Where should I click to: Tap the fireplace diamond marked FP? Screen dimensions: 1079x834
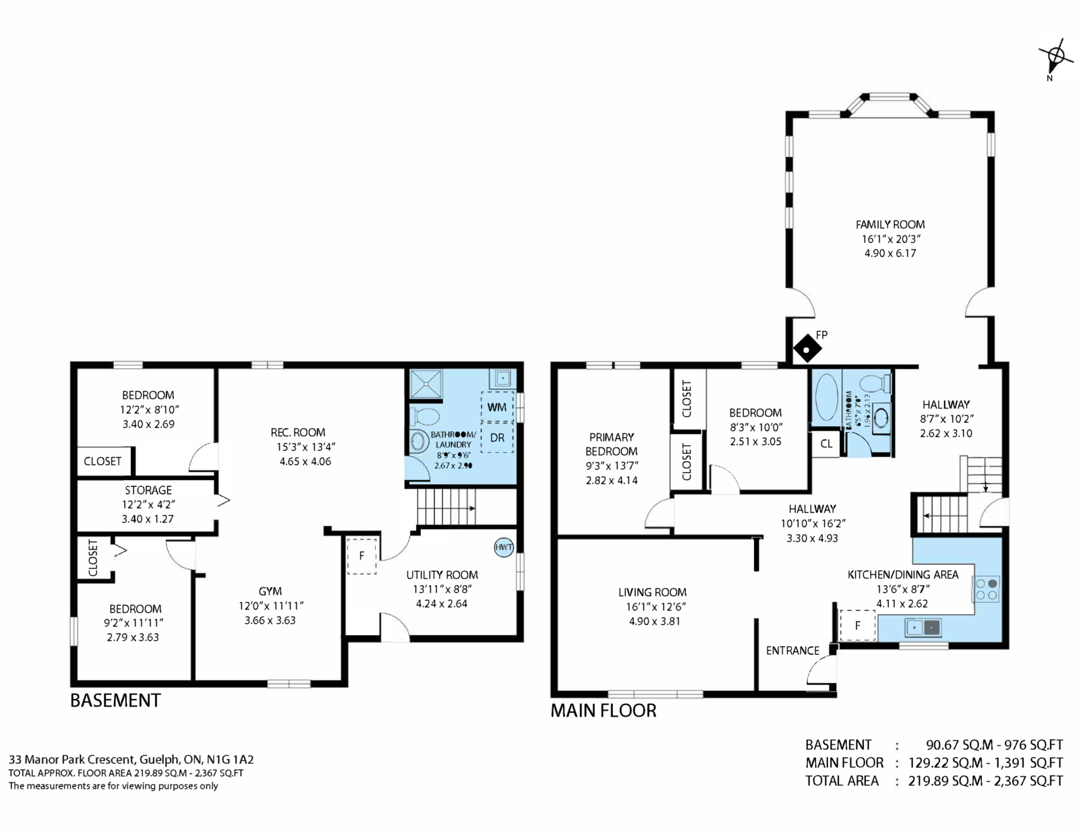coord(807,350)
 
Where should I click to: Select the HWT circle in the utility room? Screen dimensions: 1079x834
coord(504,547)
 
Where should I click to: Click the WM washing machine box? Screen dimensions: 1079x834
coord(498,407)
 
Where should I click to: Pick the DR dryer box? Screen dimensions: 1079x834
coord(498,438)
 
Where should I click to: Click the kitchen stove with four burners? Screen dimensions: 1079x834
coord(986,589)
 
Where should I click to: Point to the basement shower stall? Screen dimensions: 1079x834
coord(426,384)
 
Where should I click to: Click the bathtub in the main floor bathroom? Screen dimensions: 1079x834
coord(826,398)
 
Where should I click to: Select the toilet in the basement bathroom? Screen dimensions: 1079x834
coord(425,416)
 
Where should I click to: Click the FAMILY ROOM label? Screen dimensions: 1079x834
coord(890,225)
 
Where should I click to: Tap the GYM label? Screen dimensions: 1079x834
coord(270,591)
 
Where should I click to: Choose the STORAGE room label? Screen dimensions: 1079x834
coord(148,490)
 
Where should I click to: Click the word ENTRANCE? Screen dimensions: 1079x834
coord(792,651)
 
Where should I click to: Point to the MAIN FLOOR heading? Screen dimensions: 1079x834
coord(604,711)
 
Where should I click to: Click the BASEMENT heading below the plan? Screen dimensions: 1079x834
coord(115,700)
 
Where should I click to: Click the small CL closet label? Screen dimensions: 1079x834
coord(826,444)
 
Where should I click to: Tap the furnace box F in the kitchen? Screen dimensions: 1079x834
coord(858,626)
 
